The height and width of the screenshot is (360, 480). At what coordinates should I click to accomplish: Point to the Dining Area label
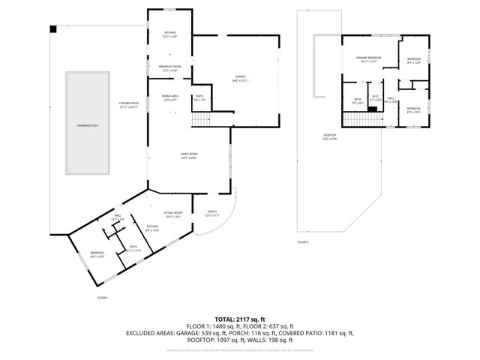(170, 97)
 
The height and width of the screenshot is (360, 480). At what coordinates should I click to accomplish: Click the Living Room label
(188, 156)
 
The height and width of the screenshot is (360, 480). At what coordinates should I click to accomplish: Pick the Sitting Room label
(172, 214)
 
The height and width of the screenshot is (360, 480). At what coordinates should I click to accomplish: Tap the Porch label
(212, 214)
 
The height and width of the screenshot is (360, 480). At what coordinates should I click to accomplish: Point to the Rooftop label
(330, 137)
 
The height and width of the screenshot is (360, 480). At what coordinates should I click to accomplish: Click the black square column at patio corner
(53, 30)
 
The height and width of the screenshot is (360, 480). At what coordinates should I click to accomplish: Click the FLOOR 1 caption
(103, 298)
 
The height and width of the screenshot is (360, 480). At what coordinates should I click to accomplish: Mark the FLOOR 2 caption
(303, 242)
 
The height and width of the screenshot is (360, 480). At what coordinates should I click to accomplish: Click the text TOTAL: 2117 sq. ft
(239, 318)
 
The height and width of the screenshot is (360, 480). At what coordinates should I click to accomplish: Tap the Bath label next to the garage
(200, 97)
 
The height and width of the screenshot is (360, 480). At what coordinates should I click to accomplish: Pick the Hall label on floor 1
(118, 217)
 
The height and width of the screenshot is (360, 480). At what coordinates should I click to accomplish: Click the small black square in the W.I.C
(371, 109)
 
